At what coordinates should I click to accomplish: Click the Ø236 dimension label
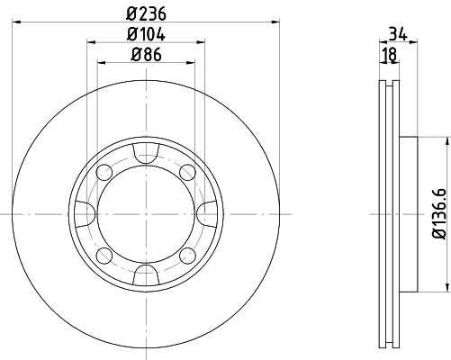coord(146,13)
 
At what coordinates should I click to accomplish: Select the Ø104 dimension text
coord(146,34)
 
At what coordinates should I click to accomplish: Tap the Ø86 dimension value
coord(146,55)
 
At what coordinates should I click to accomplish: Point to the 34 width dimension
coord(398,33)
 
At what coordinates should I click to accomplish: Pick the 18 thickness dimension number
coord(390,55)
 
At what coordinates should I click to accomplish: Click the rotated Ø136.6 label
coord(439,214)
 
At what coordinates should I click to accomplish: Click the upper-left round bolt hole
coord(104,172)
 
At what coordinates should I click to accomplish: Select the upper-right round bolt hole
coord(187,172)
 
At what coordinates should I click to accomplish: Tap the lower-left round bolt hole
coord(104,256)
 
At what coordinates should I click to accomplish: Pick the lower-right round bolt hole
coord(187,256)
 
